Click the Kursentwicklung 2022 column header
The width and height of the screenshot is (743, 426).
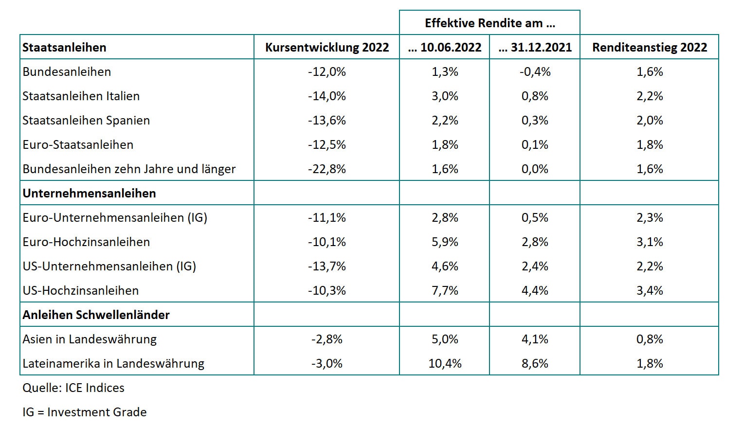coord(326,47)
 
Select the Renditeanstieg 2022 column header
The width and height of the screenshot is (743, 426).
coord(649,47)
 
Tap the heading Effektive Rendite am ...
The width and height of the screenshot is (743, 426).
coord(489,23)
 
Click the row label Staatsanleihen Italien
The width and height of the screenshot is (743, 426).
coord(81,96)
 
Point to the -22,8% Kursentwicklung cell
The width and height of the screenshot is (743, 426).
coord(326,169)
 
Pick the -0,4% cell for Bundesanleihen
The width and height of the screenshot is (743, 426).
coord(535,71)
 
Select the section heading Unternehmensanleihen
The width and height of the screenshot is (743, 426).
coord(89,193)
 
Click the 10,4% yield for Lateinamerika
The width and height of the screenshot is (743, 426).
coord(445,363)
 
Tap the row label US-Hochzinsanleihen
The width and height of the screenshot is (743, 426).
coord(80,290)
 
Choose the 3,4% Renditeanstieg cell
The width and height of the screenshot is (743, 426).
coord(650,290)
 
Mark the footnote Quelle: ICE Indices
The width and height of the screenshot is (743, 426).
coord(73,388)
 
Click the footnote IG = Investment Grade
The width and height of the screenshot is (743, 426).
coord(84,412)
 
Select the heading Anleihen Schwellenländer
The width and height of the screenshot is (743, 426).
coord(96,315)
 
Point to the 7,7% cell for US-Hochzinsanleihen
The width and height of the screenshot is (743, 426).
coord(445,290)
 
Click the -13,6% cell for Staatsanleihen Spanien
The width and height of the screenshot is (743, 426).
coord(326,120)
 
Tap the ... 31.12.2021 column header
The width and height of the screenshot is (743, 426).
coord(535,47)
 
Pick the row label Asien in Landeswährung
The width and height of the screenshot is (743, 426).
coord(90,339)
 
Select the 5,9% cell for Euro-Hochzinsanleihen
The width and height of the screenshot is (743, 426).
coord(445,242)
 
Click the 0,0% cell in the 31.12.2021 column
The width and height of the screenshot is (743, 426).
coord(535,169)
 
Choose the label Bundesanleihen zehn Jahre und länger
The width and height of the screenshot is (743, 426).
coord(129,169)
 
